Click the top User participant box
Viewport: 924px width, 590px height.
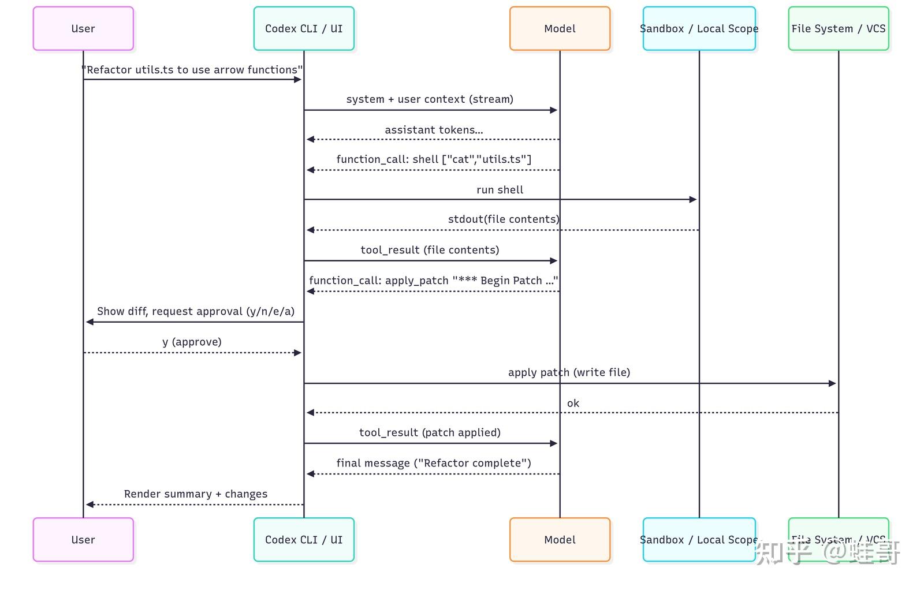pos(83,29)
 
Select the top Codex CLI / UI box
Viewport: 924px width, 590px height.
pos(304,29)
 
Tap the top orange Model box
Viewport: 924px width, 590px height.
pos(560,29)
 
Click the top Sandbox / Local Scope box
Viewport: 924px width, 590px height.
pos(699,29)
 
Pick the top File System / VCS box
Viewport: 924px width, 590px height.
pos(838,29)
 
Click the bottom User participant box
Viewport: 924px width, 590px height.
pos(83,540)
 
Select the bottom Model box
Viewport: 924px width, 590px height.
pos(560,540)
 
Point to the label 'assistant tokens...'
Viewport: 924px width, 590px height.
pos(434,130)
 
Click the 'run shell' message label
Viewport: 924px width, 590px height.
pos(500,190)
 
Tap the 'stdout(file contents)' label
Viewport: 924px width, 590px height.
pos(504,219)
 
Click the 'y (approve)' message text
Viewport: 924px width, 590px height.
pos(192,342)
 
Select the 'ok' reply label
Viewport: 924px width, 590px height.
pos(573,403)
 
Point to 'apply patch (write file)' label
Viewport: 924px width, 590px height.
pos(569,372)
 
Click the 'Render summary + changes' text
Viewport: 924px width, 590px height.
pos(196,494)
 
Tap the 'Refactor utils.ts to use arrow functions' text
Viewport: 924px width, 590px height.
pos(192,70)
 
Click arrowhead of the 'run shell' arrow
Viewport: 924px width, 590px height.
pos(693,200)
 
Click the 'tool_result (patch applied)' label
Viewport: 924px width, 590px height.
pos(430,432)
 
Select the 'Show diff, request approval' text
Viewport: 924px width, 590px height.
pos(196,312)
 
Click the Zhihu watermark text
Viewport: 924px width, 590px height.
pos(828,553)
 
